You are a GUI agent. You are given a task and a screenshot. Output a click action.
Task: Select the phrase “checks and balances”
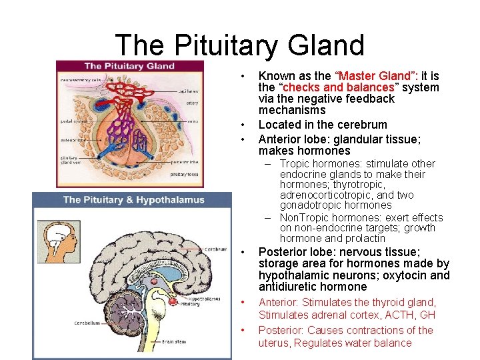tap(338, 87)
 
